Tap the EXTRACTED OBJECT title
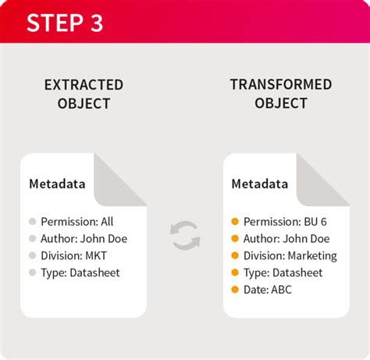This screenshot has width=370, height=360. pyautogui.click(x=84, y=94)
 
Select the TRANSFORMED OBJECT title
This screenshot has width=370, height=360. pyautogui.click(x=281, y=94)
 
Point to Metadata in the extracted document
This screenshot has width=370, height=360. pyautogui.click(x=58, y=184)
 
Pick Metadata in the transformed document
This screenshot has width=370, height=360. pyautogui.click(x=260, y=184)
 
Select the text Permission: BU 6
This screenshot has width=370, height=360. pyautogui.click(x=285, y=222)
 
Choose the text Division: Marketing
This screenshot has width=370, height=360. pyautogui.click(x=290, y=255)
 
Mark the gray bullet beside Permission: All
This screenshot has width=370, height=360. pyautogui.click(x=32, y=222)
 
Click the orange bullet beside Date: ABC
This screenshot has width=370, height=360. pyautogui.click(x=235, y=290)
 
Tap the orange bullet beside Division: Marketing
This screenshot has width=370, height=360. pyautogui.click(x=235, y=255)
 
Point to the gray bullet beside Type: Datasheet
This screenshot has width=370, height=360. pyautogui.click(x=32, y=273)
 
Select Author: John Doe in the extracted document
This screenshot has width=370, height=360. pyautogui.click(x=84, y=239)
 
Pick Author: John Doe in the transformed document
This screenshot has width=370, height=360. pyautogui.click(x=286, y=239)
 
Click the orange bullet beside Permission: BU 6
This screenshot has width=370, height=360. pyautogui.click(x=235, y=222)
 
